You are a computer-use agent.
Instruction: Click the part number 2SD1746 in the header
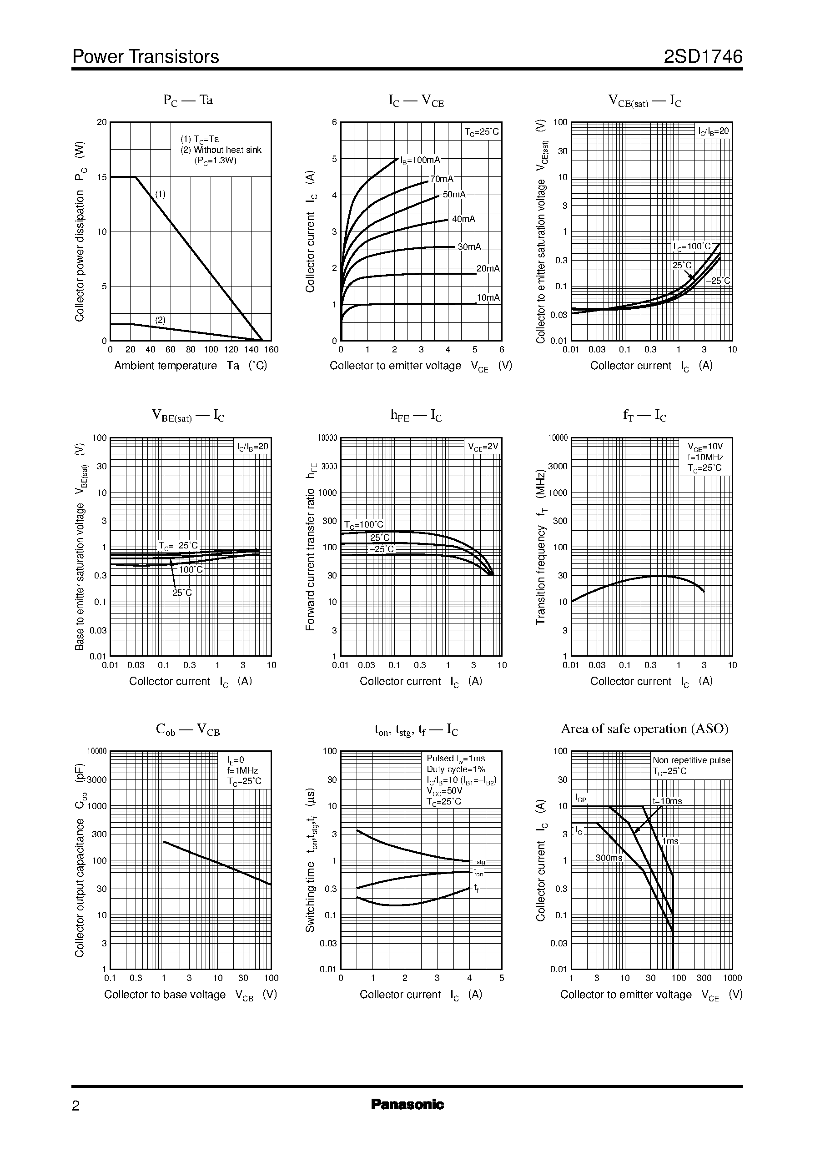tap(703, 57)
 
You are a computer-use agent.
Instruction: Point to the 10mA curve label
tap(488, 297)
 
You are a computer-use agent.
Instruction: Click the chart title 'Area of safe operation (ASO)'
tap(644, 729)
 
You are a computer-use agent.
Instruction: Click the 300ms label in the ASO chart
tap(609, 858)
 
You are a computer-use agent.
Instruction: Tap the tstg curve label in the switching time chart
tap(479, 860)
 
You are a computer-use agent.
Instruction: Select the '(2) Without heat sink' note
tap(221, 150)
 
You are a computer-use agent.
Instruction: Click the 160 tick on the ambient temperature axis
tap(271, 350)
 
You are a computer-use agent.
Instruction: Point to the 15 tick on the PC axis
tap(102, 177)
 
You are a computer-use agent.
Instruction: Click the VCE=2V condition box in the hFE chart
tap(483, 447)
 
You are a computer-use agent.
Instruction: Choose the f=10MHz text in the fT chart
tap(705, 457)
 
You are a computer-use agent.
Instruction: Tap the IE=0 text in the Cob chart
tap(236, 759)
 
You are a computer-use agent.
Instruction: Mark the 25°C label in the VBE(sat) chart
tap(182, 593)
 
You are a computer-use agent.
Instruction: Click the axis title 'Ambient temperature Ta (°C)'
tap(190, 366)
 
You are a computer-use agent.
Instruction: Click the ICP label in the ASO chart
tap(581, 798)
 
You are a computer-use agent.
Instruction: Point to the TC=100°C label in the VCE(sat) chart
tap(692, 247)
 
